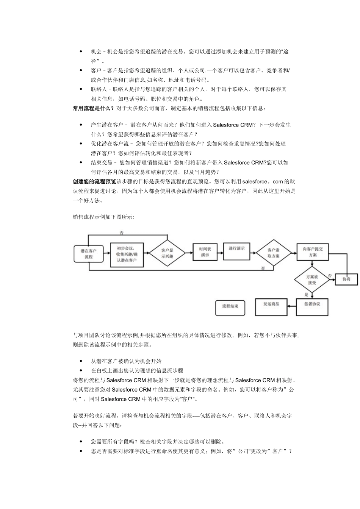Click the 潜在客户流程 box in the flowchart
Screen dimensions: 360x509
tap(88, 254)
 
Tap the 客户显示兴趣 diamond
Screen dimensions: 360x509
tap(167, 253)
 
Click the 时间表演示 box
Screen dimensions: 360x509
tap(205, 252)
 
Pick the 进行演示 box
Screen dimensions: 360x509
tap(236, 248)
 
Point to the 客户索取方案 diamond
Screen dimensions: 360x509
tap(273, 253)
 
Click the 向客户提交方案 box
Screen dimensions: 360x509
tap(312, 252)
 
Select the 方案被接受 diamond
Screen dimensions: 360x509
tap(312, 279)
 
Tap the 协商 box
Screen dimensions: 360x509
tap(346, 279)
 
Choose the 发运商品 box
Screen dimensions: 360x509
tap(271, 304)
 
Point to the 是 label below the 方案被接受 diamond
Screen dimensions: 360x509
tap(306, 294)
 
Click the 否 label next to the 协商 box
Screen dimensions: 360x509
tap(330, 275)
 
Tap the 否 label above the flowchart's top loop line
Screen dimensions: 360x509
tap(122, 233)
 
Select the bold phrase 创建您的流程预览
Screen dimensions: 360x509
tap(94, 181)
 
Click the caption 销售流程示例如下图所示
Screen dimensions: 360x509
tap(103, 217)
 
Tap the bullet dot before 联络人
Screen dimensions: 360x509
tap(81, 89)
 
